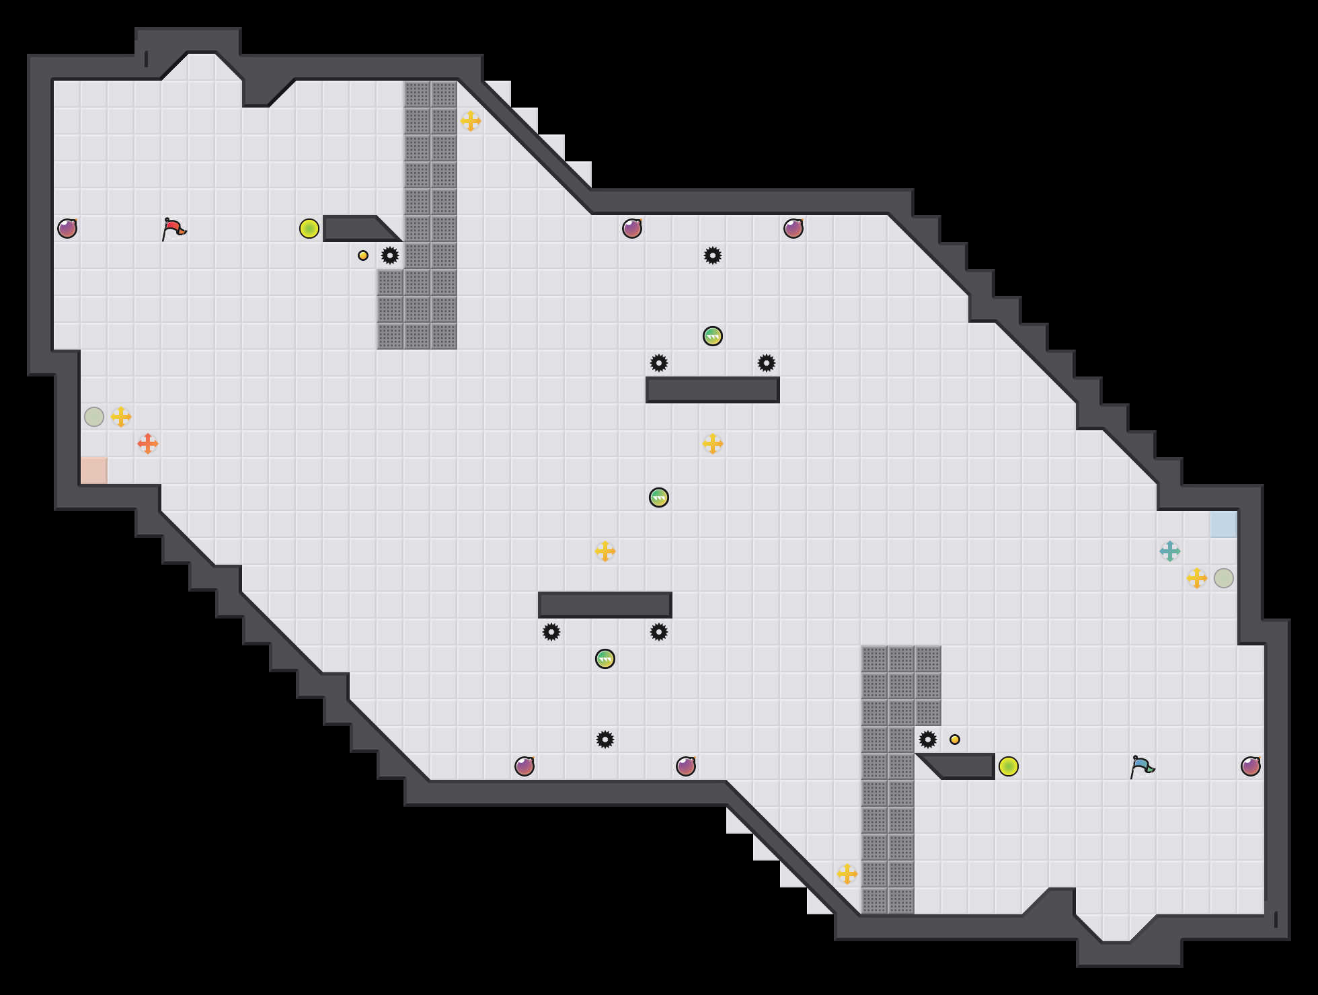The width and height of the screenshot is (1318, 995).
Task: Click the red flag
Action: pos(173,229)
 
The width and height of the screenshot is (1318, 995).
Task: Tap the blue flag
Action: pos(1142,766)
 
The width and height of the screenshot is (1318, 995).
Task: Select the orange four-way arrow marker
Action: pos(148,444)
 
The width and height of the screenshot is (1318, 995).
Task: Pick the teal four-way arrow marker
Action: pos(1170,551)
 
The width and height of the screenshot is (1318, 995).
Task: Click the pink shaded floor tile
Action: pos(94,471)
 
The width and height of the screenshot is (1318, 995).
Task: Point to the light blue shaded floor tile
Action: pos(1224,524)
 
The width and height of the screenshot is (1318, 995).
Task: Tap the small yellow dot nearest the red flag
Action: pos(363,255)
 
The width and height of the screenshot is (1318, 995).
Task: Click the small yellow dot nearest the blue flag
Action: pos(955,740)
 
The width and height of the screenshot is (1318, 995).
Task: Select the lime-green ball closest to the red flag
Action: pos(309,229)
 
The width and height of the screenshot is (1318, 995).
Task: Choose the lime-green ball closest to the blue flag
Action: pos(1009,766)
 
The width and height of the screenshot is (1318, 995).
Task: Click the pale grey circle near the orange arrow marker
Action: pos(94,417)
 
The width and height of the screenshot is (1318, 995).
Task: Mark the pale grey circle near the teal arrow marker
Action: pos(1224,578)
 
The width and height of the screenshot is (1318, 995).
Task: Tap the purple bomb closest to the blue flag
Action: pos(1251,766)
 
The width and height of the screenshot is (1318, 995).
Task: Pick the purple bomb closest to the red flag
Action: pos(67,229)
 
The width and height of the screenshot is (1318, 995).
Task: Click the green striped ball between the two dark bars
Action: pos(659,497)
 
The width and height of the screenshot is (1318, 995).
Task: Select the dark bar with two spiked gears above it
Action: pos(713,390)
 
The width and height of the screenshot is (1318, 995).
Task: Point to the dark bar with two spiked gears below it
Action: pos(605,605)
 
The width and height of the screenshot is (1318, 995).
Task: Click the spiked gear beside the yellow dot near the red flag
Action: pos(390,255)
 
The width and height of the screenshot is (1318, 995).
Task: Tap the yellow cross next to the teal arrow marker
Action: pos(1197,578)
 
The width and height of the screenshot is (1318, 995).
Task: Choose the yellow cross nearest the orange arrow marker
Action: pos(121,417)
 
